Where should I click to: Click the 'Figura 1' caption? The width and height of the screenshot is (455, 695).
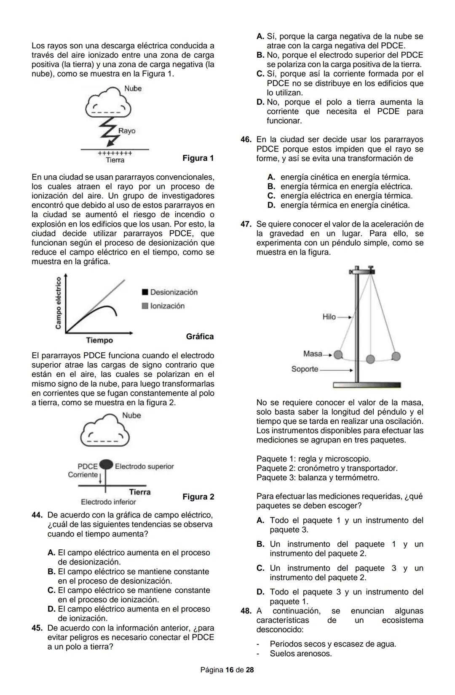point(198,158)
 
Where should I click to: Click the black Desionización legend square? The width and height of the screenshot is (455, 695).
point(145,292)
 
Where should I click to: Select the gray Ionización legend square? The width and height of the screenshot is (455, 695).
point(145,306)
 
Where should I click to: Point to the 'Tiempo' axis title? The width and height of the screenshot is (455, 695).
point(99,340)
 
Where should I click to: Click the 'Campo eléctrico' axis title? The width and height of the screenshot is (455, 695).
point(58,303)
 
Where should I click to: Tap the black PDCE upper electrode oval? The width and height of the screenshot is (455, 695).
point(106,464)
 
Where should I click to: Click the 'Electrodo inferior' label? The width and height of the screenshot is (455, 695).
point(108,502)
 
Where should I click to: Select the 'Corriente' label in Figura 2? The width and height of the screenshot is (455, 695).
point(83,475)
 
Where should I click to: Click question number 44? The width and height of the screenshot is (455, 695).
point(37,515)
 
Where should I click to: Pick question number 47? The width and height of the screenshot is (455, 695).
point(246,224)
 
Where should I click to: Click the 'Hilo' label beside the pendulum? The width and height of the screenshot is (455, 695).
point(329,317)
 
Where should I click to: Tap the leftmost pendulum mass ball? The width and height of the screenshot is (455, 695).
point(338,355)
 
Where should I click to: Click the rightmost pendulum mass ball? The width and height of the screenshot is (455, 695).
point(396,356)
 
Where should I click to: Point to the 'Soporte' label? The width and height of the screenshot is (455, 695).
point(305,369)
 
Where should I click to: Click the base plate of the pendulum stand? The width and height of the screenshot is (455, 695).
point(367,385)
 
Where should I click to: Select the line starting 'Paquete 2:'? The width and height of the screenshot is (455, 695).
point(327,468)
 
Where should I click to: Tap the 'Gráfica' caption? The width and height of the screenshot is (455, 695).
point(200,337)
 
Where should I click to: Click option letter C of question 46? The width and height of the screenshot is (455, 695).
point(271,196)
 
